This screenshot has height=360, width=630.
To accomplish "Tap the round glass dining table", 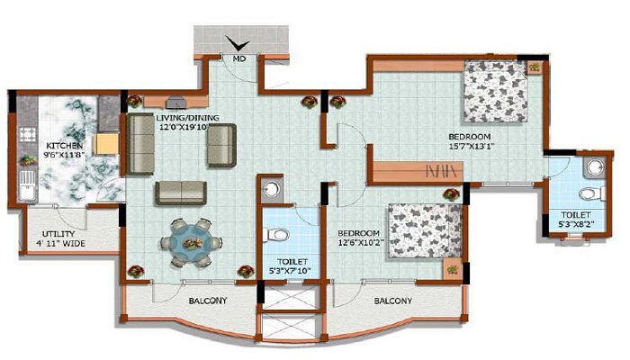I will [x=192, y=241].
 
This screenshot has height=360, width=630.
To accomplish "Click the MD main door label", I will [x=238, y=59].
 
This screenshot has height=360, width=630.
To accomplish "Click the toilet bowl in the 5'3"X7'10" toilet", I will [x=279, y=236].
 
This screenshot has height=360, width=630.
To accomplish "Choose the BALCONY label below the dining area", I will [x=207, y=301].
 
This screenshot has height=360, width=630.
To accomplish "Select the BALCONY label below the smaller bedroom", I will [x=392, y=301].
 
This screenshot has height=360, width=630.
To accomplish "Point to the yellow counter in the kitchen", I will [x=105, y=145].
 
